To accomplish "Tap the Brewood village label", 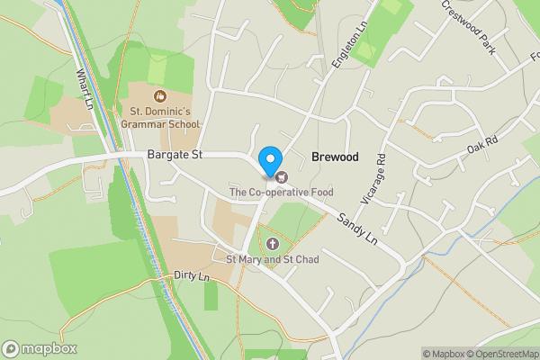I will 335,157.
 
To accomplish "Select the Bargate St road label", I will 175,156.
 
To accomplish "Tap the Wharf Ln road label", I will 85,88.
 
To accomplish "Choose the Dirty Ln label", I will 192,275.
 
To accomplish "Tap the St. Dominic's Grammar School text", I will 159,118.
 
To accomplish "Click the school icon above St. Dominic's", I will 159,94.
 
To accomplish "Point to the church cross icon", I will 272,244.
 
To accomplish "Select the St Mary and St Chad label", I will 272,260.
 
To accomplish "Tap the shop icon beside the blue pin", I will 281,175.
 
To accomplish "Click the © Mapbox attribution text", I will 444,354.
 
